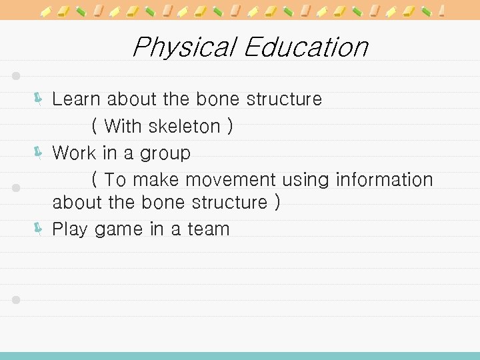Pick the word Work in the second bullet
pos(74,153)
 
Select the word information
pos(384,180)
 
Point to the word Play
pos(70,230)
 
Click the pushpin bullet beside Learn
pos(39,99)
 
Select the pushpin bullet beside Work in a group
pos(39,153)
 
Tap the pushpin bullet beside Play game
pos(39,229)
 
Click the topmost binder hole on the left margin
pos(17,75)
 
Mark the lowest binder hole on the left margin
pos(17,300)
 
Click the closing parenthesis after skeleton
pos(230,126)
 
